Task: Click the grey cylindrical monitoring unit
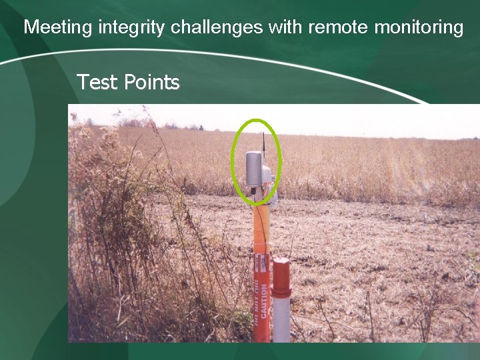(x=254, y=169)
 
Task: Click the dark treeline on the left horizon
(x=133, y=123)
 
